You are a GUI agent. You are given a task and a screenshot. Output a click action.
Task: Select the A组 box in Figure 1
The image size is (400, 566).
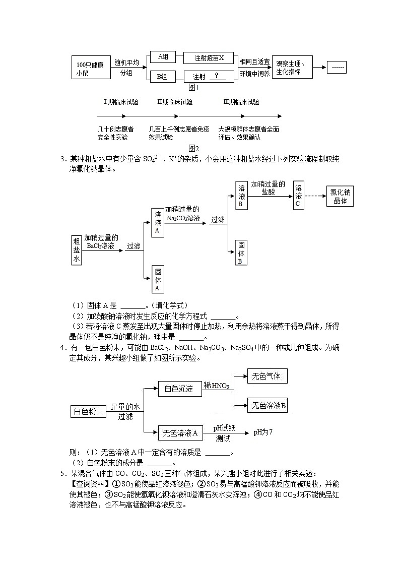coord(163,57)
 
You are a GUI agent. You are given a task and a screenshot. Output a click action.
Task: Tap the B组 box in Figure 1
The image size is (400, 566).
coord(163,77)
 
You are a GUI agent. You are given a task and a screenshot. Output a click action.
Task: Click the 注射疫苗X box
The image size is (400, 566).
coord(210,58)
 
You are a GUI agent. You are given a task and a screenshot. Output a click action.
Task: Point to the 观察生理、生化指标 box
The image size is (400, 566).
coord(292,68)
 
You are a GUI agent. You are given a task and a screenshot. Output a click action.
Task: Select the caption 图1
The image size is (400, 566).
coord(194,87)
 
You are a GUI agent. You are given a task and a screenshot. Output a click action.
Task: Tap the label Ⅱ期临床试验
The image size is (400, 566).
coord(175,102)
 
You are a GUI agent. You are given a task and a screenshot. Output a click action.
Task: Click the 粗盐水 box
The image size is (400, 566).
coord(77,249)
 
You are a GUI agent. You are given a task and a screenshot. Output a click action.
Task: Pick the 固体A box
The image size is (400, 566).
coord(158,279)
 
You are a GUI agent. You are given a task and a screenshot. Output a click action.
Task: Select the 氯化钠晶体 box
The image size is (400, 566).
coord(341,196)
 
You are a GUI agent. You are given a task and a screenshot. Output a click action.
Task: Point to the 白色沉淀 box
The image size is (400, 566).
coord(175,389)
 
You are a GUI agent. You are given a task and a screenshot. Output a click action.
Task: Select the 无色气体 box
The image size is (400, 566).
coord(266,376)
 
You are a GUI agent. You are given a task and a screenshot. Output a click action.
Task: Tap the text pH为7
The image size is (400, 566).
coord(263,432)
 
